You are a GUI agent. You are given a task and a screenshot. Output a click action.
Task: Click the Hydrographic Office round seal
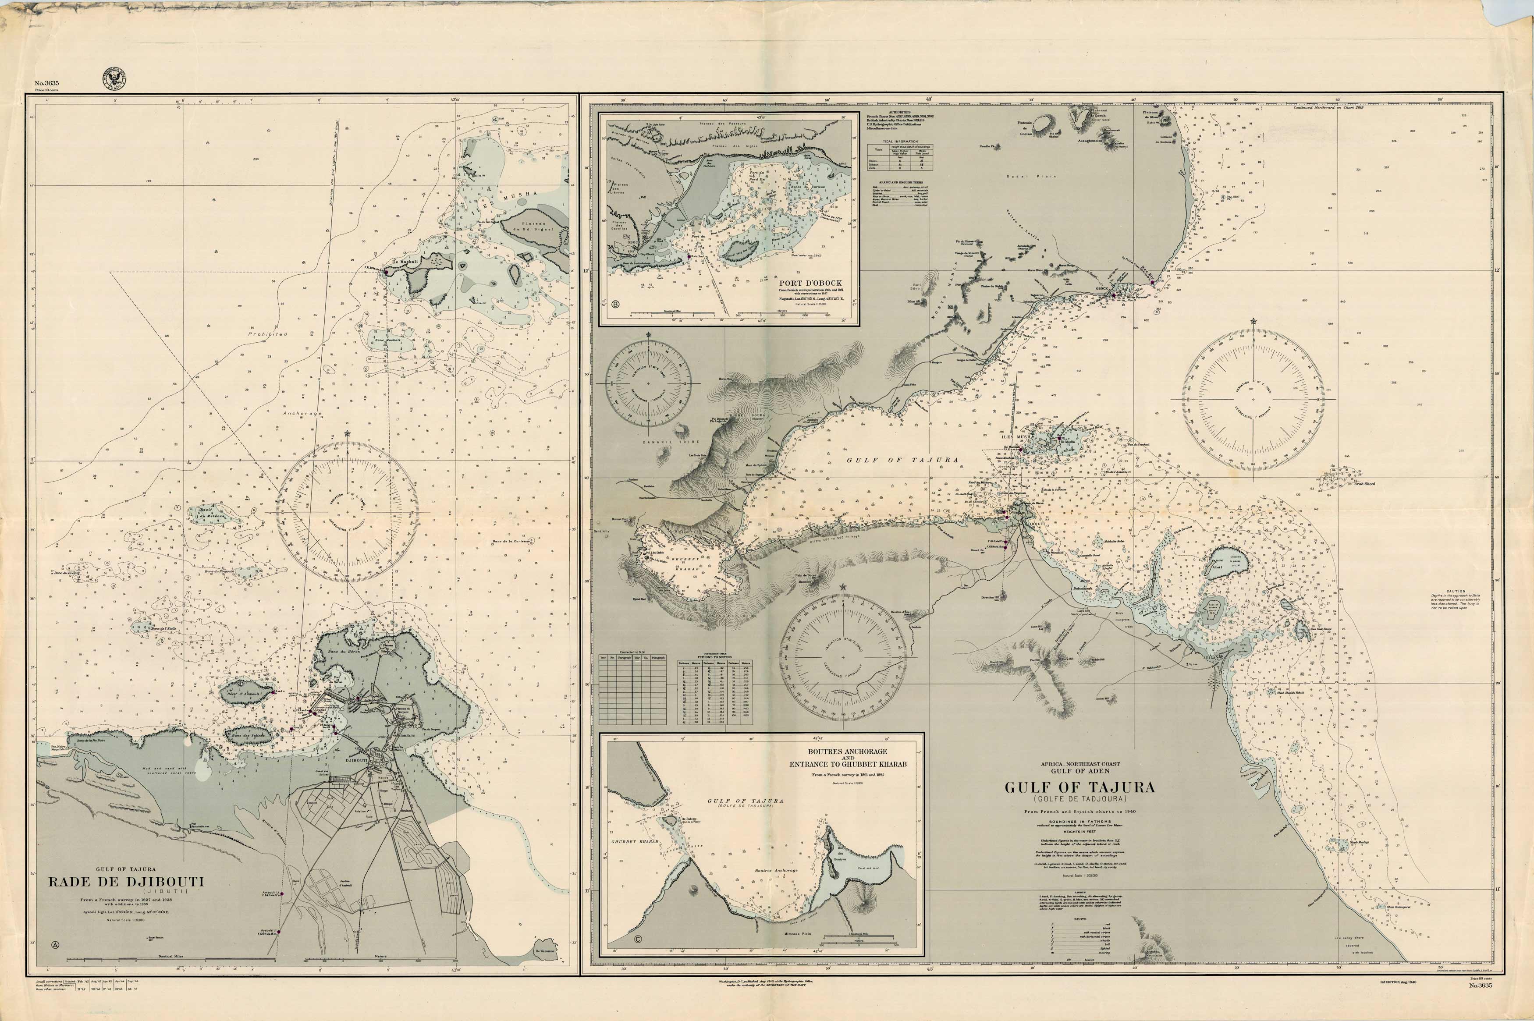pos(114,79)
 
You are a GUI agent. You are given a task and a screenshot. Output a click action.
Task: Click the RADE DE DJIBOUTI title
pos(126,882)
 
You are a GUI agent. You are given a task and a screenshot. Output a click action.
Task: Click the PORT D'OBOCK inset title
pos(810,283)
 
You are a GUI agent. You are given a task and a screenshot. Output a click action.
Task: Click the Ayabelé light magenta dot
pos(278,932)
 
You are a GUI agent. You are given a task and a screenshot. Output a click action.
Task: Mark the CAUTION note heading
pos(1455,591)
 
